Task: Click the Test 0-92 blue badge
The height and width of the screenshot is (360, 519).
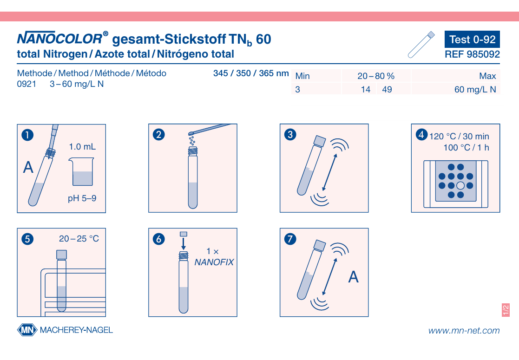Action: tap(472, 39)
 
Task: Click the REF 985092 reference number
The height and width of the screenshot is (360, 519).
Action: tap(472, 54)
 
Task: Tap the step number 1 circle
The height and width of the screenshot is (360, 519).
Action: tap(27, 135)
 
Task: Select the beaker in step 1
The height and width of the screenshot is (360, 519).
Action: tap(82, 171)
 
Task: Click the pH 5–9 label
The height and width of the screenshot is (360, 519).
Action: tap(82, 198)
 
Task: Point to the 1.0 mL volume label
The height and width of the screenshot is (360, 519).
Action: tap(82, 147)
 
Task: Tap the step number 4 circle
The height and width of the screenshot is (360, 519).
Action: tap(421, 134)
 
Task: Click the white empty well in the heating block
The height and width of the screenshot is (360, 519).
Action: tap(460, 186)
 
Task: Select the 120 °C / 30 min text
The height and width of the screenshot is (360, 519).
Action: tap(459, 136)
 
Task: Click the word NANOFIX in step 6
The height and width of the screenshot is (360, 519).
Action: tap(214, 262)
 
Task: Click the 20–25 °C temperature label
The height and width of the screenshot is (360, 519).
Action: tap(79, 239)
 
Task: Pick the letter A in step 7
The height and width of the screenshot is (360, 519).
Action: tap(354, 277)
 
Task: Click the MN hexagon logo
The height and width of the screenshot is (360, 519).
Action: tap(27, 330)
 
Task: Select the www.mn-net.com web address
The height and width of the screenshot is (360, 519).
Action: tap(464, 331)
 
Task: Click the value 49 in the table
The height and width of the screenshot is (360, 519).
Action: tap(387, 90)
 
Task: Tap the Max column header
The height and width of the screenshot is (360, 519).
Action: tap(487, 76)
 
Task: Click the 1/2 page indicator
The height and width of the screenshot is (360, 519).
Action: tap(506, 310)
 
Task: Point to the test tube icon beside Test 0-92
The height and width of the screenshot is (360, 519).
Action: tap(421, 45)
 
